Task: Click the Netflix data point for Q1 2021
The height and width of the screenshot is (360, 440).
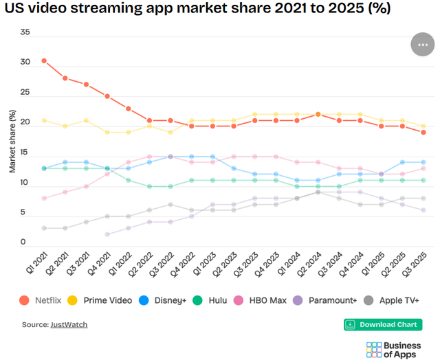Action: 44,60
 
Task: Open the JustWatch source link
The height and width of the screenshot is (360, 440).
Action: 69,324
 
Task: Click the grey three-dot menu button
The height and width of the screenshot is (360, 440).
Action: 422,45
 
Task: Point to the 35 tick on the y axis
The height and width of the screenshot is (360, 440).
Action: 25,32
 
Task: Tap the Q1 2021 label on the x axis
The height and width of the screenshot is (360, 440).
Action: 38,267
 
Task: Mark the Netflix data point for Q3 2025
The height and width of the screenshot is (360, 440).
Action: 423,133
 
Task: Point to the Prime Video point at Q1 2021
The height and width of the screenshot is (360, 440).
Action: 44,120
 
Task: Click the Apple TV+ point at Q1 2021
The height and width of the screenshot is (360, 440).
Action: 44,228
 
